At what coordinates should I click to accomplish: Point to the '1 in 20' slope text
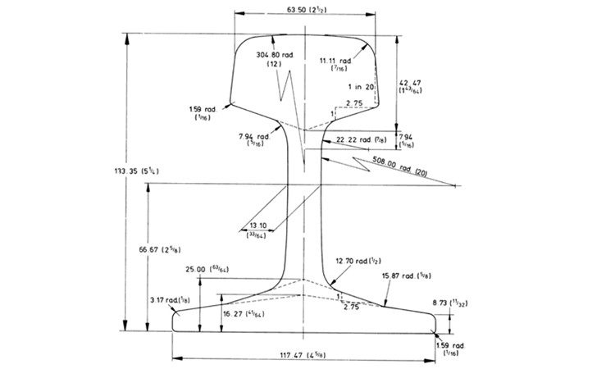tap(362, 86)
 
